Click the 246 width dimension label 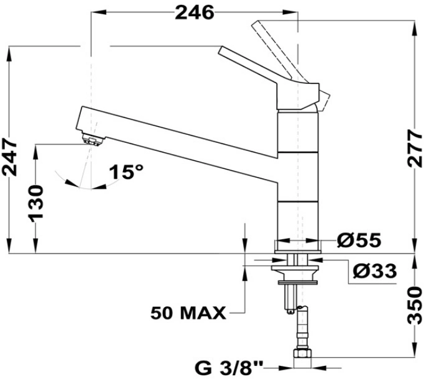click(x=195, y=12)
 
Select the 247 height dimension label click(x=10, y=157)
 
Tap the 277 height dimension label click(x=415, y=148)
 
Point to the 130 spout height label click(x=35, y=203)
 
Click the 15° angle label click(x=126, y=171)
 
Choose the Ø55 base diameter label click(x=359, y=240)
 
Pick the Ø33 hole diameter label click(x=374, y=271)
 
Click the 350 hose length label click(x=415, y=306)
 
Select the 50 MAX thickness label click(x=188, y=313)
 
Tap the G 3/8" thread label click(x=229, y=368)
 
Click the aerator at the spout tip click(x=93, y=139)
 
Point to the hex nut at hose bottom click(x=302, y=354)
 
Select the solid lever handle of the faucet click(x=269, y=79)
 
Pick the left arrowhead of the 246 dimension click(x=98, y=12)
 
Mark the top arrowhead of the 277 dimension click(x=415, y=28)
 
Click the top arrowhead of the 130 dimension click(x=35, y=152)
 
